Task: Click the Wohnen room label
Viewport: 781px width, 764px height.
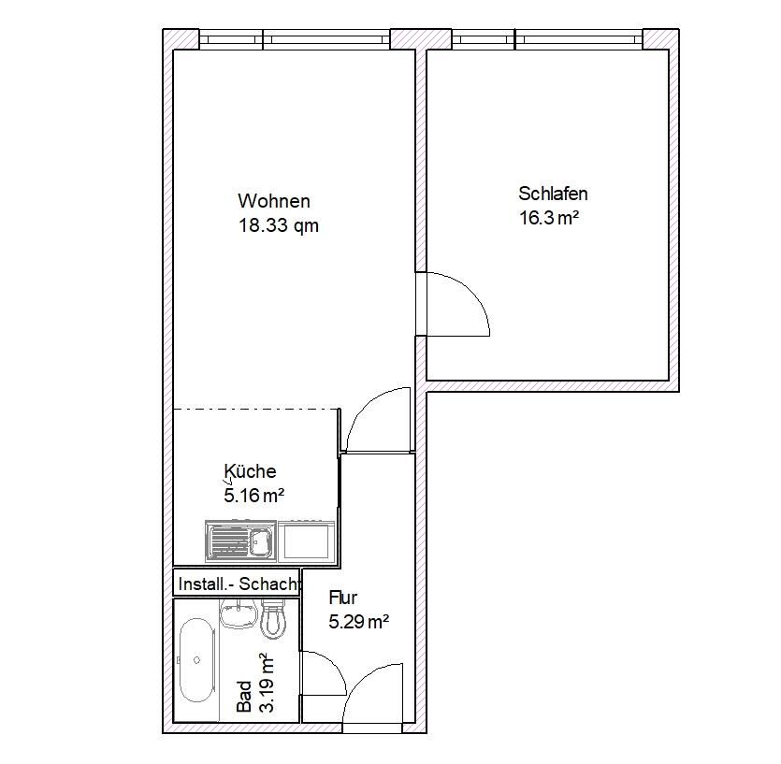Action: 274,201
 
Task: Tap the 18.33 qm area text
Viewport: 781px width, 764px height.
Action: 279,225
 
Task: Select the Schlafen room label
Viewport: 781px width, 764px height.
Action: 553,194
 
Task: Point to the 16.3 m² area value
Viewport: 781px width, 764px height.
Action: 549,218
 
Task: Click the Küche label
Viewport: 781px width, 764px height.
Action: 250,470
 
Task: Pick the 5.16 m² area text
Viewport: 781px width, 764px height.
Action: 254,496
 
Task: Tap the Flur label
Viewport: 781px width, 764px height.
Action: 342,598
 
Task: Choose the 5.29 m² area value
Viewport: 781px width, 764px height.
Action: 358,622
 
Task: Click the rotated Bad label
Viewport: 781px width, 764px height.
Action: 244,697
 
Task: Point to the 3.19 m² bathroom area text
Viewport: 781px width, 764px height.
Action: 267,683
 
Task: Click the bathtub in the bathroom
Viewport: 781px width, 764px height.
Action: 196,660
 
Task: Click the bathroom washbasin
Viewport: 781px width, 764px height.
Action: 239,613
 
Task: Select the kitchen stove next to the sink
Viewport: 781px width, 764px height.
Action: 307,541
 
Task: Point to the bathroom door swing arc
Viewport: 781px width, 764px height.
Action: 331,668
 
